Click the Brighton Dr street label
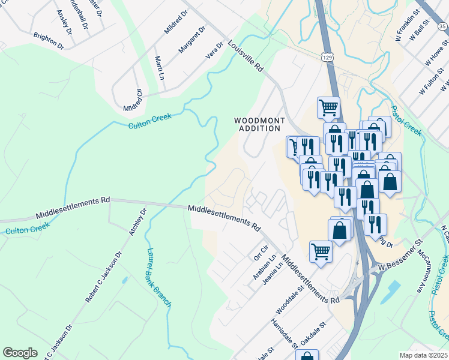pos(49,41)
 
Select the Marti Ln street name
pos(160,68)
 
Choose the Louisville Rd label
pos(246,56)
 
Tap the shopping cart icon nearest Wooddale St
pos(321,251)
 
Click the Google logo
pos(20,353)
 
